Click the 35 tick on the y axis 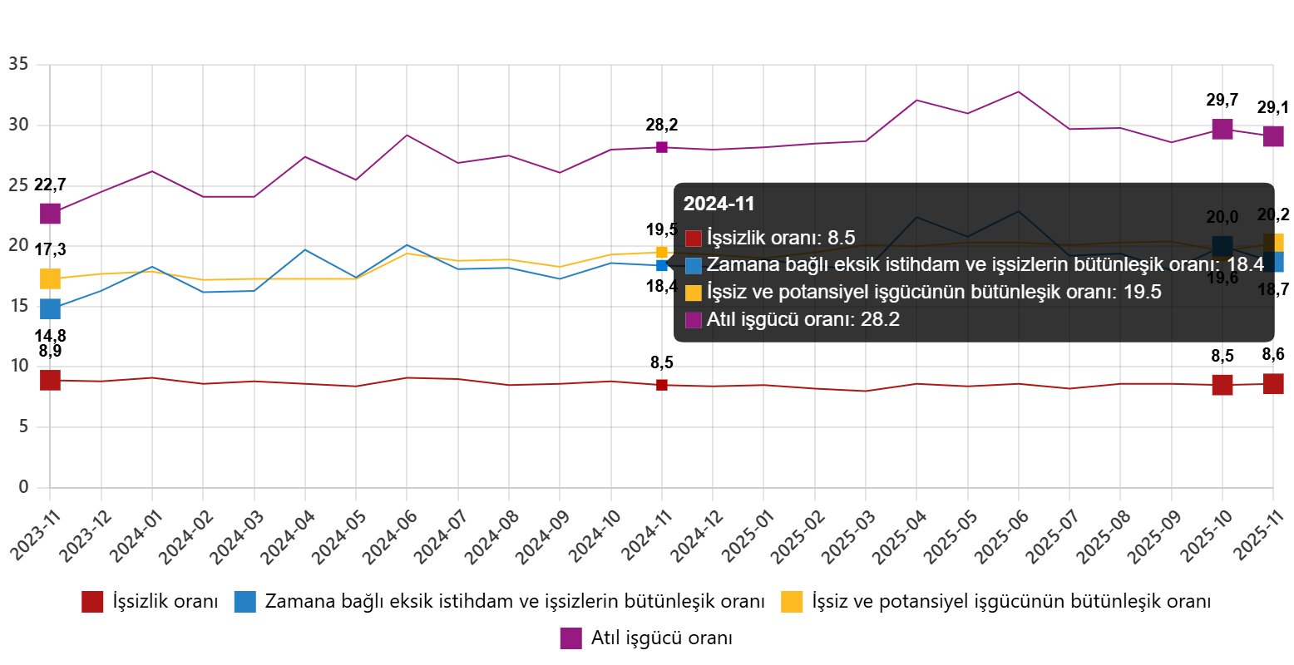18,64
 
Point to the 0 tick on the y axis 23,486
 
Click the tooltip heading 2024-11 719,204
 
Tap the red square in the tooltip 694,239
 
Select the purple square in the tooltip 694,320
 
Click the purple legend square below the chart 570,638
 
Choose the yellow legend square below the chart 792,602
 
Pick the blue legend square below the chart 244,602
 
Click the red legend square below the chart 92,602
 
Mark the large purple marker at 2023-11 50,214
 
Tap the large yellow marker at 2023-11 50,279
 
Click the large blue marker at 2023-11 50,309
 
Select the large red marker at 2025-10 1222,385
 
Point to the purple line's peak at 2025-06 1018,91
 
